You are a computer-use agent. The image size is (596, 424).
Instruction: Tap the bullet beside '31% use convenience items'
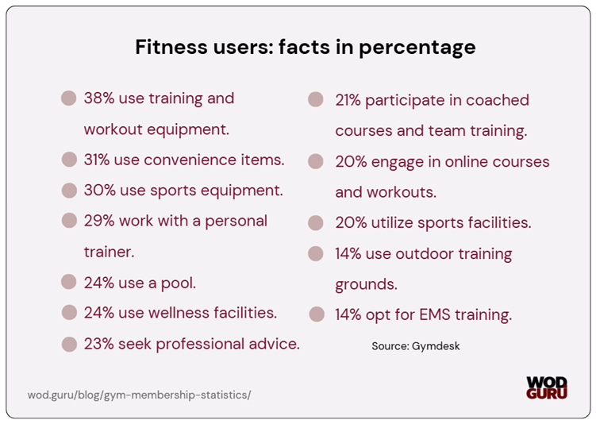(70, 160)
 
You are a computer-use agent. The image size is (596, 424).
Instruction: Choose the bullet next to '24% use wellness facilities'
(70, 313)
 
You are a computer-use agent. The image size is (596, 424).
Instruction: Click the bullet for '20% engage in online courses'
(316, 161)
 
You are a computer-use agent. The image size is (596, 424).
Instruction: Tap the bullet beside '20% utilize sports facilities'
(316, 223)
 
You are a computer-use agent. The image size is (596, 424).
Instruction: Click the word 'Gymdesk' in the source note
(437, 346)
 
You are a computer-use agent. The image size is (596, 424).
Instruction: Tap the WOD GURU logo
(547, 387)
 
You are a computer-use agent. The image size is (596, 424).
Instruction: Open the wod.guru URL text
(139, 394)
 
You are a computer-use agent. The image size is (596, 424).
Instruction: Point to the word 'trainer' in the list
(108, 252)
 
